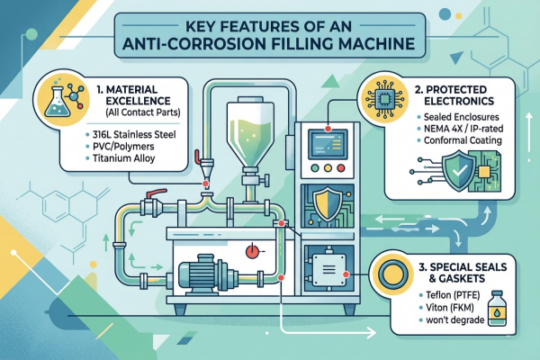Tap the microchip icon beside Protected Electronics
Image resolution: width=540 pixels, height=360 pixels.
(x=383, y=100)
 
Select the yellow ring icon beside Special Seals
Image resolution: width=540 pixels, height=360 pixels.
(x=393, y=274)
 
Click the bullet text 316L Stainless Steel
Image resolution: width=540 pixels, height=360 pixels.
(x=134, y=134)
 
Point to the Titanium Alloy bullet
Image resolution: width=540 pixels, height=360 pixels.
(x=123, y=158)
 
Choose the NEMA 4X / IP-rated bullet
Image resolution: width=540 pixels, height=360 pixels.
(x=463, y=129)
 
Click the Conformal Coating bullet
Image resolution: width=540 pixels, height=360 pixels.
(x=463, y=140)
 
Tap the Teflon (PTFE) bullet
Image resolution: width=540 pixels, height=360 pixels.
(x=453, y=295)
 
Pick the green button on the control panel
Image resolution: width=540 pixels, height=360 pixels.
(x=315, y=168)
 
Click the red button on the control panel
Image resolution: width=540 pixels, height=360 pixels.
(x=340, y=168)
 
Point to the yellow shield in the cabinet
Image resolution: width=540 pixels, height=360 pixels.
(x=328, y=204)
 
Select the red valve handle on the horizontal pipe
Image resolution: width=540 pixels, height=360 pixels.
(x=157, y=193)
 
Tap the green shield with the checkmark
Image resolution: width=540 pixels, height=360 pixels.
(x=459, y=170)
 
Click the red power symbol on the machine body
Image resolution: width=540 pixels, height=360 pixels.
(x=252, y=251)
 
